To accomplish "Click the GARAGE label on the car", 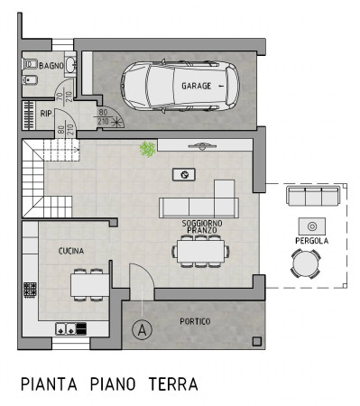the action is (196, 86).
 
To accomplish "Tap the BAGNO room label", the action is (51, 66).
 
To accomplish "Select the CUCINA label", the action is (71, 251).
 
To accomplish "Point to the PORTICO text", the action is (195, 321).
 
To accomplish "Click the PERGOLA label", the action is (311, 241).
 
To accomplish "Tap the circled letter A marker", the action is (142, 330).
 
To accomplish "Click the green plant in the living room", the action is (147, 149).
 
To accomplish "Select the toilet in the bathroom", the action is (30, 64).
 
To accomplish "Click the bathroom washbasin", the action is (70, 65).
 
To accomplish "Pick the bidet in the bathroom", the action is (30, 79).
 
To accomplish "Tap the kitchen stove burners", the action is (30, 290).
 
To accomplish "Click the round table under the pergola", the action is (306, 263).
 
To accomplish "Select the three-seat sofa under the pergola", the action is (313, 196).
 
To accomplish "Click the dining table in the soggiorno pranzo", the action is (200, 251).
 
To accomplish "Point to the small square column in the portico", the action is (257, 341).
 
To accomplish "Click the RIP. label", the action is (47, 114).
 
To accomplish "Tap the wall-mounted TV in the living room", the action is (202, 146).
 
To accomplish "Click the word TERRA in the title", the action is (173, 384).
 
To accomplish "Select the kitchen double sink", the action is (66, 328).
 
